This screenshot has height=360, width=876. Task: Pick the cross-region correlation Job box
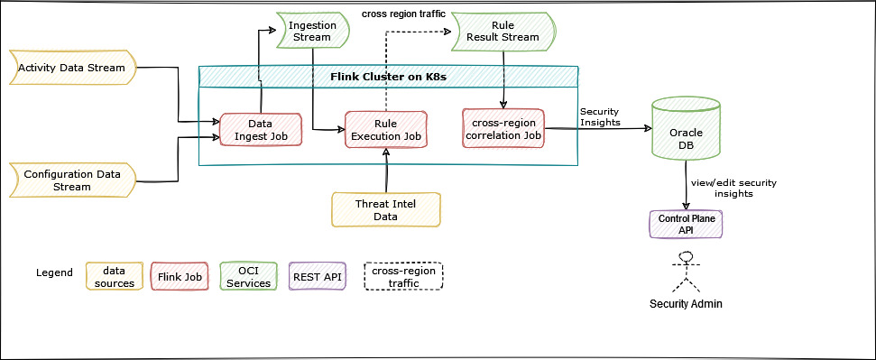click(x=504, y=129)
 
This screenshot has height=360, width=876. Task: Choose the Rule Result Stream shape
click(x=503, y=31)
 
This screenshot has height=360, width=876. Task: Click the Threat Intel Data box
click(x=386, y=208)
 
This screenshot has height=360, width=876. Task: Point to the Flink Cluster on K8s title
click(x=387, y=76)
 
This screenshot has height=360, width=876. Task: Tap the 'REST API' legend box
click(x=317, y=277)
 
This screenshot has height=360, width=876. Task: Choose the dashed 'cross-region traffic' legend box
click(x=404, y=277)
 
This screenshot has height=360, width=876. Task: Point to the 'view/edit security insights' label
click(x=733, y=188)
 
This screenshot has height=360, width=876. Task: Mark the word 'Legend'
click(x=54, y=272)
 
